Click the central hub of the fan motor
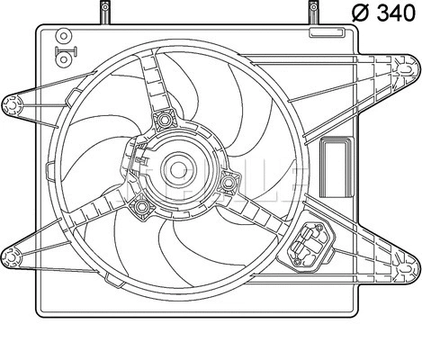[x=176, y=167]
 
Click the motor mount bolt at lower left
[x=140, y=209]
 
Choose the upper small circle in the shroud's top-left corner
[x=64, y=36]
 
